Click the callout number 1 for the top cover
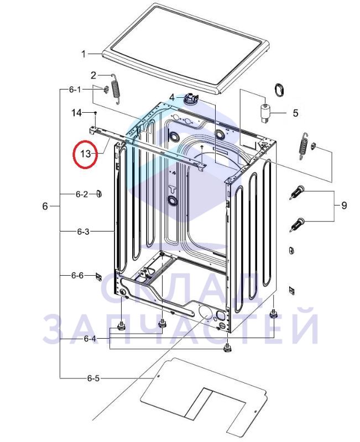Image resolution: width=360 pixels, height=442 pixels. coord(84,54)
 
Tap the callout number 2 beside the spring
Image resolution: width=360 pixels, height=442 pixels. coord(93,76)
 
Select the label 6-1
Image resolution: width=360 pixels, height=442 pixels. coord(75,90)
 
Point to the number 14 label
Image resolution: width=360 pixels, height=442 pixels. coord(76,113)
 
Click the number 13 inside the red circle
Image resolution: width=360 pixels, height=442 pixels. coord(86,154)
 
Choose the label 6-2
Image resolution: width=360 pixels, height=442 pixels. coord(81,194)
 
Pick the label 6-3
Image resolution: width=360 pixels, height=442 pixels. coord(83,231)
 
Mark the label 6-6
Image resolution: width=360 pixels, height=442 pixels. coord(77,275)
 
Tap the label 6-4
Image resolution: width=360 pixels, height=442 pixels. coord(90,339)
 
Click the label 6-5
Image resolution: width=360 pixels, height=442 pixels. coord(93,378)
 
